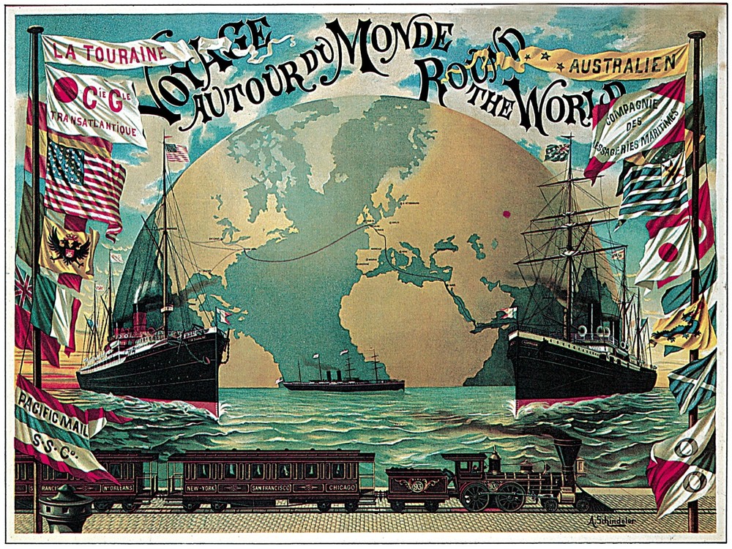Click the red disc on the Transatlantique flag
click(66, 90)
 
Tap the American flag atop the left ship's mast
click(176, 152)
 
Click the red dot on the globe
click(505, 214)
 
